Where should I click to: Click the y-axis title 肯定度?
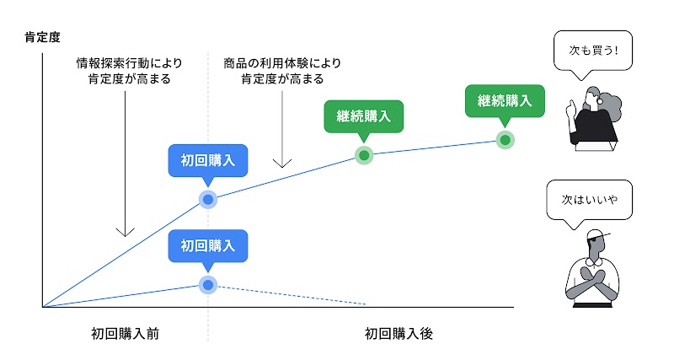tap(42, 37)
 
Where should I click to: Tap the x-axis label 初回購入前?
tap(125, 334)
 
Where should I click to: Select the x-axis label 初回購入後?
tap(399, 334)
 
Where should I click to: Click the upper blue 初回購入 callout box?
tap(207, 160)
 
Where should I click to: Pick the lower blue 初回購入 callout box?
tap(207, 246)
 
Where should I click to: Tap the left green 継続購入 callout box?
tap(363, 116)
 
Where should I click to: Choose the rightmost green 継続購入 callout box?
tap(505, 100)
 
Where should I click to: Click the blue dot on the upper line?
tap(207, 200)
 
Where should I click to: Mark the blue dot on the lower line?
tap(207, 284)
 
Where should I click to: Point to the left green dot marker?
tap(363, 155)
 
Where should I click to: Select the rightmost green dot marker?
tap(505, 140)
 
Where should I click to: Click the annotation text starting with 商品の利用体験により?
tap(283, 71)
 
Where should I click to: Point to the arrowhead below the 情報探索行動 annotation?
tap(124, 230)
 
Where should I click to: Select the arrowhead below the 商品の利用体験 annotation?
tap(283, 162)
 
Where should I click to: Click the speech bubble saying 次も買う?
tap(588, 51)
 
